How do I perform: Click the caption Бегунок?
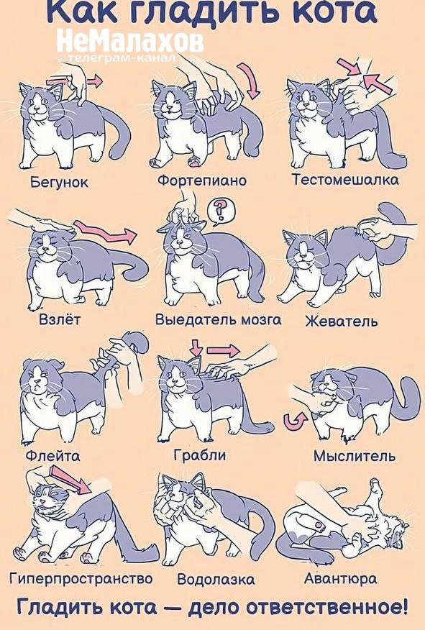point(59,183)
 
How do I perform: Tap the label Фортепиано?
point(201,180)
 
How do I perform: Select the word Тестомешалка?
point(345,179)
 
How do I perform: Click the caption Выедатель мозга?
point(219,319)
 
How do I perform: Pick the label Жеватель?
point(342,321)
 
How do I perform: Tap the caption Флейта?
point(52,456)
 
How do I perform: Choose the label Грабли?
point(200,455)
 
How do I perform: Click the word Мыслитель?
point(355,456)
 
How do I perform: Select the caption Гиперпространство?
point(81,579)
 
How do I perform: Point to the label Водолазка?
point(216,580)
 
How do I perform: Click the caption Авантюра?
point(341,578)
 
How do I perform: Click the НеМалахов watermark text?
point(129,42)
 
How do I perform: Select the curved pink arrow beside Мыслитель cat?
point(294,421)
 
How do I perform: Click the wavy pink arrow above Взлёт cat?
point(106,232)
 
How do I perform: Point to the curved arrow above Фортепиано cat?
point(250,80)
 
